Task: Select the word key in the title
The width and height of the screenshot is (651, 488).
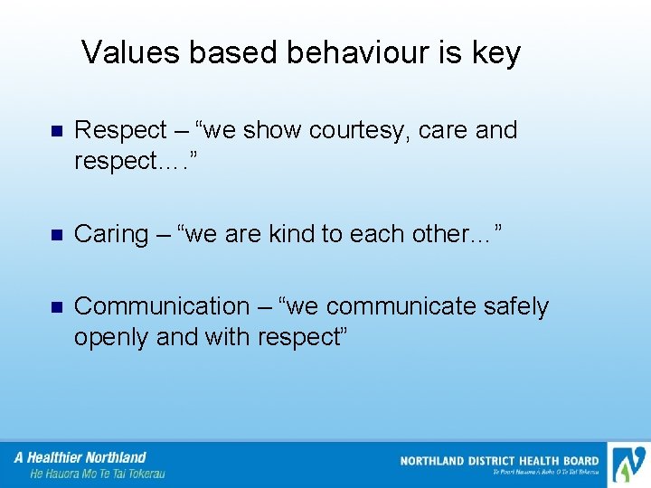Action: coord(495,54)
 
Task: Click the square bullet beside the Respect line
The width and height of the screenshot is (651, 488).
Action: coord(53,131)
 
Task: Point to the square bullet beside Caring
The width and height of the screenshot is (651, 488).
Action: coord(53,234)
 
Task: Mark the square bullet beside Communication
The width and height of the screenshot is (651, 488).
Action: coord(53,307)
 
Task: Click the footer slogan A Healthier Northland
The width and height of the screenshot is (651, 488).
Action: coord(80,457)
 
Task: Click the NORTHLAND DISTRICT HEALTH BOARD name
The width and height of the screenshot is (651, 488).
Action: coord(499,461)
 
